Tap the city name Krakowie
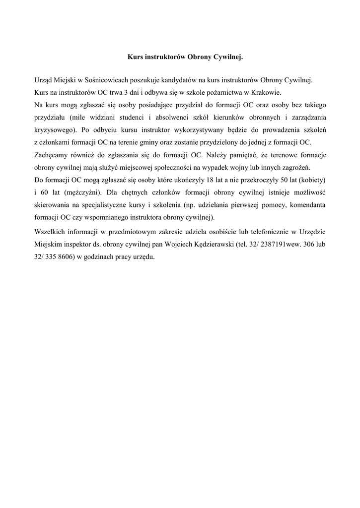[265, 92]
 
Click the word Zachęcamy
[52, 154]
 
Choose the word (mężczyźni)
[84, 191]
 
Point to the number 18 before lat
[199, 179]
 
